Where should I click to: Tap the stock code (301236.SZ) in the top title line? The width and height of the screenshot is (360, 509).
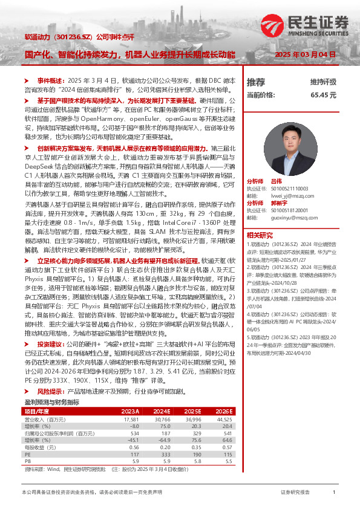coord(73,37)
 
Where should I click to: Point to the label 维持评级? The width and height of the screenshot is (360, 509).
coord(340,82)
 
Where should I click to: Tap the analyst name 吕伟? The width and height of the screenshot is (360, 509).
coord(276,181)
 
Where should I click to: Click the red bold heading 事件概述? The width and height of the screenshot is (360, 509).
coord(51,80)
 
